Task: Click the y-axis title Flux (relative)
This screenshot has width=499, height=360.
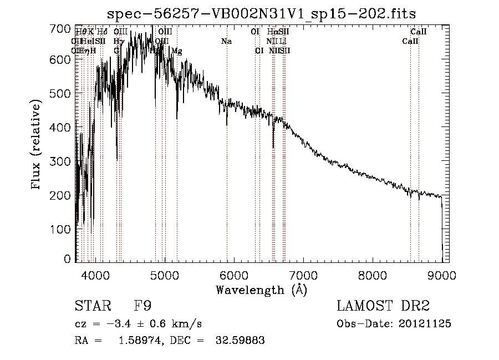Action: click(37, 145)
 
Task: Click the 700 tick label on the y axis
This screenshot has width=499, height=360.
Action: click(62, 28)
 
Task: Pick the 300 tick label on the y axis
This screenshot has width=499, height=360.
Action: click(62, 161)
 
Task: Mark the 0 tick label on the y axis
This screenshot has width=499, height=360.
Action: click(68, 259)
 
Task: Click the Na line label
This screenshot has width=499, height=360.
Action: click(226, 41)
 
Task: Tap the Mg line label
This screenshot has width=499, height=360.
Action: click(176, 51)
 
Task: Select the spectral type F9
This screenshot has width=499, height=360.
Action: click(142, 306)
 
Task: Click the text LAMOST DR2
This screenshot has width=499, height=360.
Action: click(383, 306)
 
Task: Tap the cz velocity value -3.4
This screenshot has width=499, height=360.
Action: click(115, 323)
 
